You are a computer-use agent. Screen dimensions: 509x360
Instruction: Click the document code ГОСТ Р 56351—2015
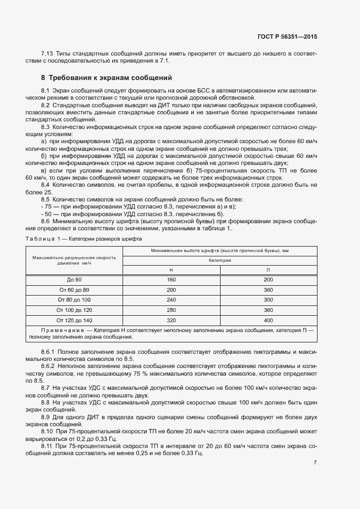(x=287, y=36)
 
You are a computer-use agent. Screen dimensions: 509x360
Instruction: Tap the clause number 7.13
(x=47, y=53)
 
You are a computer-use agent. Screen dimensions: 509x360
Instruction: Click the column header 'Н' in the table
(x=171, y=270)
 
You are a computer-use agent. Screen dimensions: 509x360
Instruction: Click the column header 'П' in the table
(x=268, y=270)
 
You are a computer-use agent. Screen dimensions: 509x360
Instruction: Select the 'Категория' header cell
(x=220, y=260)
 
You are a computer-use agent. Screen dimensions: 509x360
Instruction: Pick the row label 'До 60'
(x=74, y=279)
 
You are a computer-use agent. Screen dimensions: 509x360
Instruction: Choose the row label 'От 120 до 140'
(x=74, y=320)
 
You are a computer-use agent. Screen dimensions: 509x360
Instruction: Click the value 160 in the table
(x=171, y=279)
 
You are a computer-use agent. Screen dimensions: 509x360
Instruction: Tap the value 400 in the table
(x=268, y=320)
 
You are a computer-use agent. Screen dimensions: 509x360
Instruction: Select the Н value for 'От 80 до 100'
(x=171, y=300)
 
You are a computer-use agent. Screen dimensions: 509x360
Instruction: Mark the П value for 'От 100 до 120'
(x=268, y=310)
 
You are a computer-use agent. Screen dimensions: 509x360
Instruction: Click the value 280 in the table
(x=171, y=310)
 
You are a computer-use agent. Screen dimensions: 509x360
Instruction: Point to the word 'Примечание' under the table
(x=60, y=330)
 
